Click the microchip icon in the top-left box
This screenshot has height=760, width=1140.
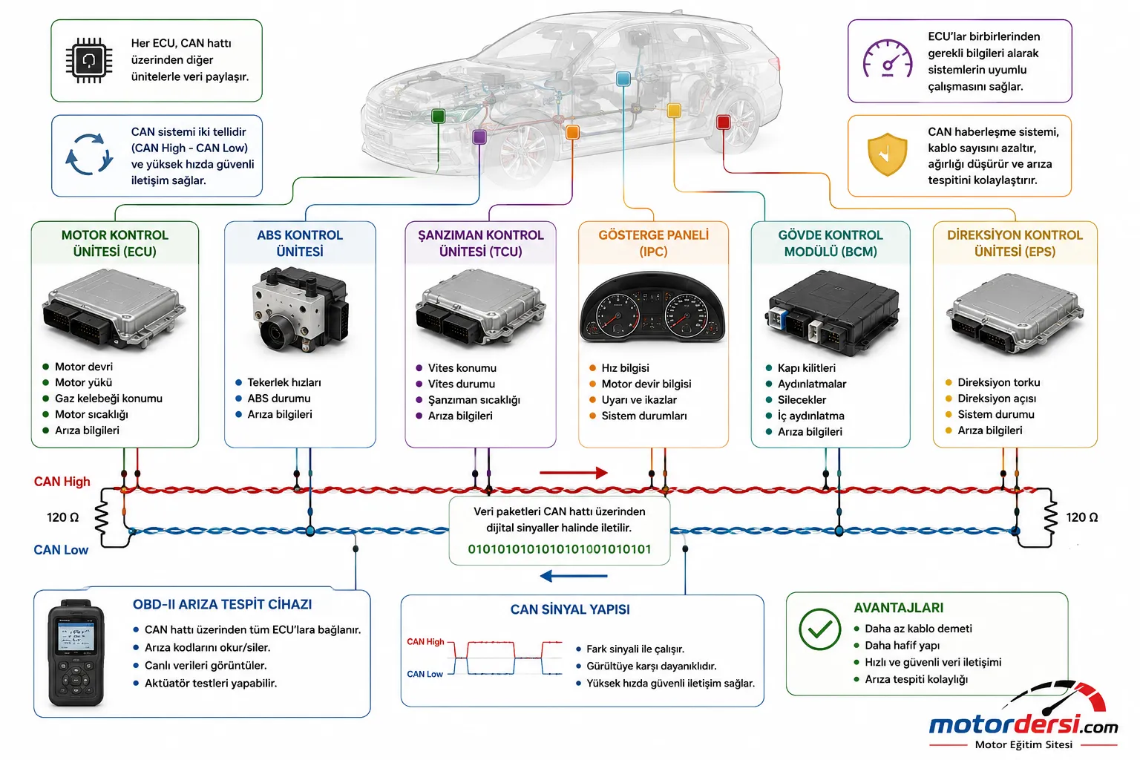pyautogui.click(x=88, y=60)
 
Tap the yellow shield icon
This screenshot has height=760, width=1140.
pyautogui.click(x=887, y=154)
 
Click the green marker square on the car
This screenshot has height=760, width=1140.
pyautogui.click(x=438, y=116)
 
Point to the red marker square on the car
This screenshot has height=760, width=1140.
pyautogui.click(x=723, y=122)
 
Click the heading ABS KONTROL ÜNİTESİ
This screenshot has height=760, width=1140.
pyautogui.click(x=300, y=243)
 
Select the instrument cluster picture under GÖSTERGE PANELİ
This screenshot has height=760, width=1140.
pyautogui.click(x=653, y=307)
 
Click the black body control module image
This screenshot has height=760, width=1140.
pyautogui.click(x=831, y=312)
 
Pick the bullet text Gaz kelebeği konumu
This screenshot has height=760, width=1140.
pyautogui.click(x=108, y=399)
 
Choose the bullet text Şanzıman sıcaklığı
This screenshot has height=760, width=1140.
pyautogui.click(x=474, y=400)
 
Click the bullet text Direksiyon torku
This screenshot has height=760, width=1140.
pyautogui.click(x=998, y=382)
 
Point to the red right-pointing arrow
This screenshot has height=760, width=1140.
pyautogui.click(x=574, y=473)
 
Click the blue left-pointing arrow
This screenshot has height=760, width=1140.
pyautogui.click(x=574, y=576)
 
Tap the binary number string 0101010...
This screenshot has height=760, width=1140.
pyautogui.click(x=560, y=549)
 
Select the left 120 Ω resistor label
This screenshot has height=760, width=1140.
pyautogui.click(x=62, y=518)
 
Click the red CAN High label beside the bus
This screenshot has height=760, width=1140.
pyautogui.click(x=62, y=482)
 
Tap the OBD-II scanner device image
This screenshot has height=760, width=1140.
pyautogui.click(x=76, y=653)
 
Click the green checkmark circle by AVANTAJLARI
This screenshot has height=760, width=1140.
pyautogui.click(x=819, y=629)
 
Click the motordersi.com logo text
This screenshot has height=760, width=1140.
pyautogui.click(x=1023, y=724)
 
